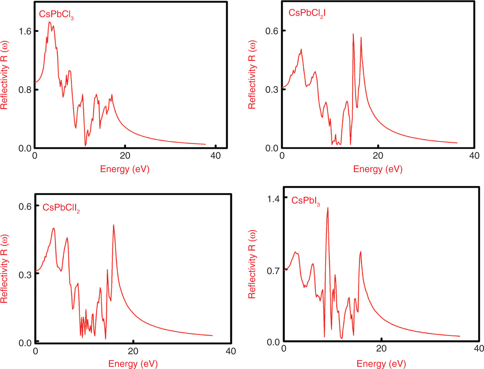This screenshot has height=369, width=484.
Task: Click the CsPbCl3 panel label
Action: point(56,14)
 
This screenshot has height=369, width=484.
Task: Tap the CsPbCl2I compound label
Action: point(307,13)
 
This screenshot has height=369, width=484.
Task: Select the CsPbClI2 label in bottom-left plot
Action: point(61,208)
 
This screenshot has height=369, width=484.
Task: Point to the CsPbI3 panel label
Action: point(305,201)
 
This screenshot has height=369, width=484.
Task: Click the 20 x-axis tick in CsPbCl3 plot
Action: point(125,156)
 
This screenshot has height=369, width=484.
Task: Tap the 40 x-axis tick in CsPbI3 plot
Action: point(478,349)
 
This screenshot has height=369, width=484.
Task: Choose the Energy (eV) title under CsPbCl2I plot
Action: point(378,169)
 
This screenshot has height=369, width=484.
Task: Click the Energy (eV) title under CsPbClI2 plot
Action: point(133,364)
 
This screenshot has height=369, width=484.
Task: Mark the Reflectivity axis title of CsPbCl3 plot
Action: point(4,75)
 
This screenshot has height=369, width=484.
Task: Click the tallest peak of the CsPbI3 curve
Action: point(328,208)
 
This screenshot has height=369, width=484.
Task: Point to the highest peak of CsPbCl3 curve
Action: point(50,22)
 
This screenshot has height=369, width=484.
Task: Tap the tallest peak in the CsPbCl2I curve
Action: point(353,34)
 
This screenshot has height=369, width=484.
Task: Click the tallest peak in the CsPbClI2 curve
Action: point(113,225)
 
